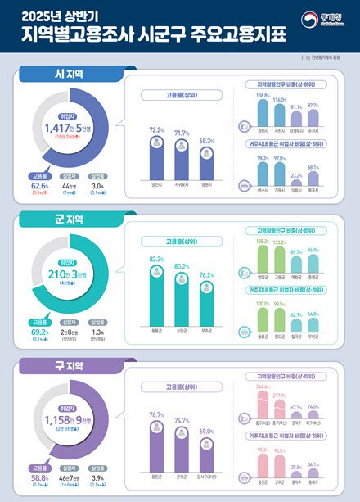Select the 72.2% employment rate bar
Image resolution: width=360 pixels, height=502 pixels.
point(154,160)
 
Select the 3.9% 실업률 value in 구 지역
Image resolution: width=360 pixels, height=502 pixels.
point(97,477)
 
